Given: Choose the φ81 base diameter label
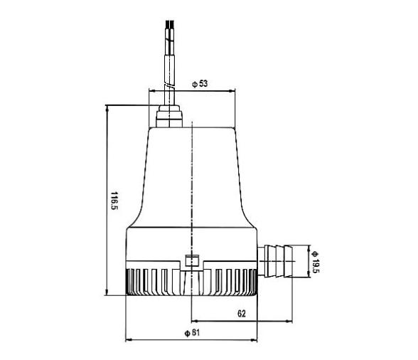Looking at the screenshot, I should pos(190,333).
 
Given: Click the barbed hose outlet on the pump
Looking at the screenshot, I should pos(280,260).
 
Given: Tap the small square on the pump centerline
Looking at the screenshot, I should pos(191,261).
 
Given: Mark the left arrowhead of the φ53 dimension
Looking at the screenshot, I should pos(151,91).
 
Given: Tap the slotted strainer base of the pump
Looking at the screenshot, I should pos(191,282).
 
